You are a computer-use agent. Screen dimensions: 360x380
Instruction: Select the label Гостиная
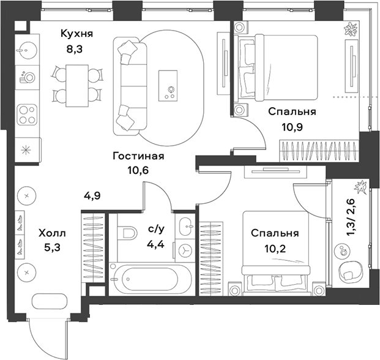click(138, 156)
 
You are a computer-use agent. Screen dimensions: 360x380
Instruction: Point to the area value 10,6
click(138, 170)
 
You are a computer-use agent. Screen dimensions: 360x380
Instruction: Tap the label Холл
click(51, 233)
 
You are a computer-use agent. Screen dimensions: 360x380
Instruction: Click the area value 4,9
click(92, 197)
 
